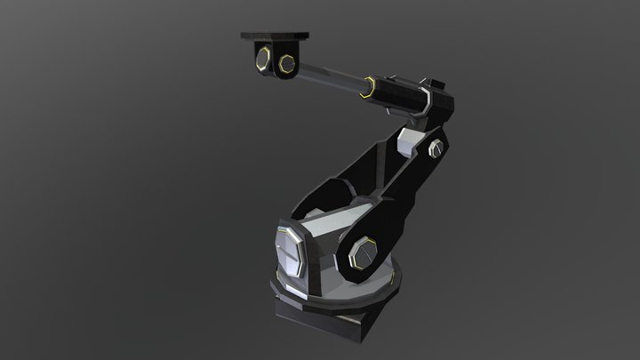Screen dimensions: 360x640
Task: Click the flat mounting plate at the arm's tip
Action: point(276,36)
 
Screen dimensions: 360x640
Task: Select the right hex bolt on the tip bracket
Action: point(288,63)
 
